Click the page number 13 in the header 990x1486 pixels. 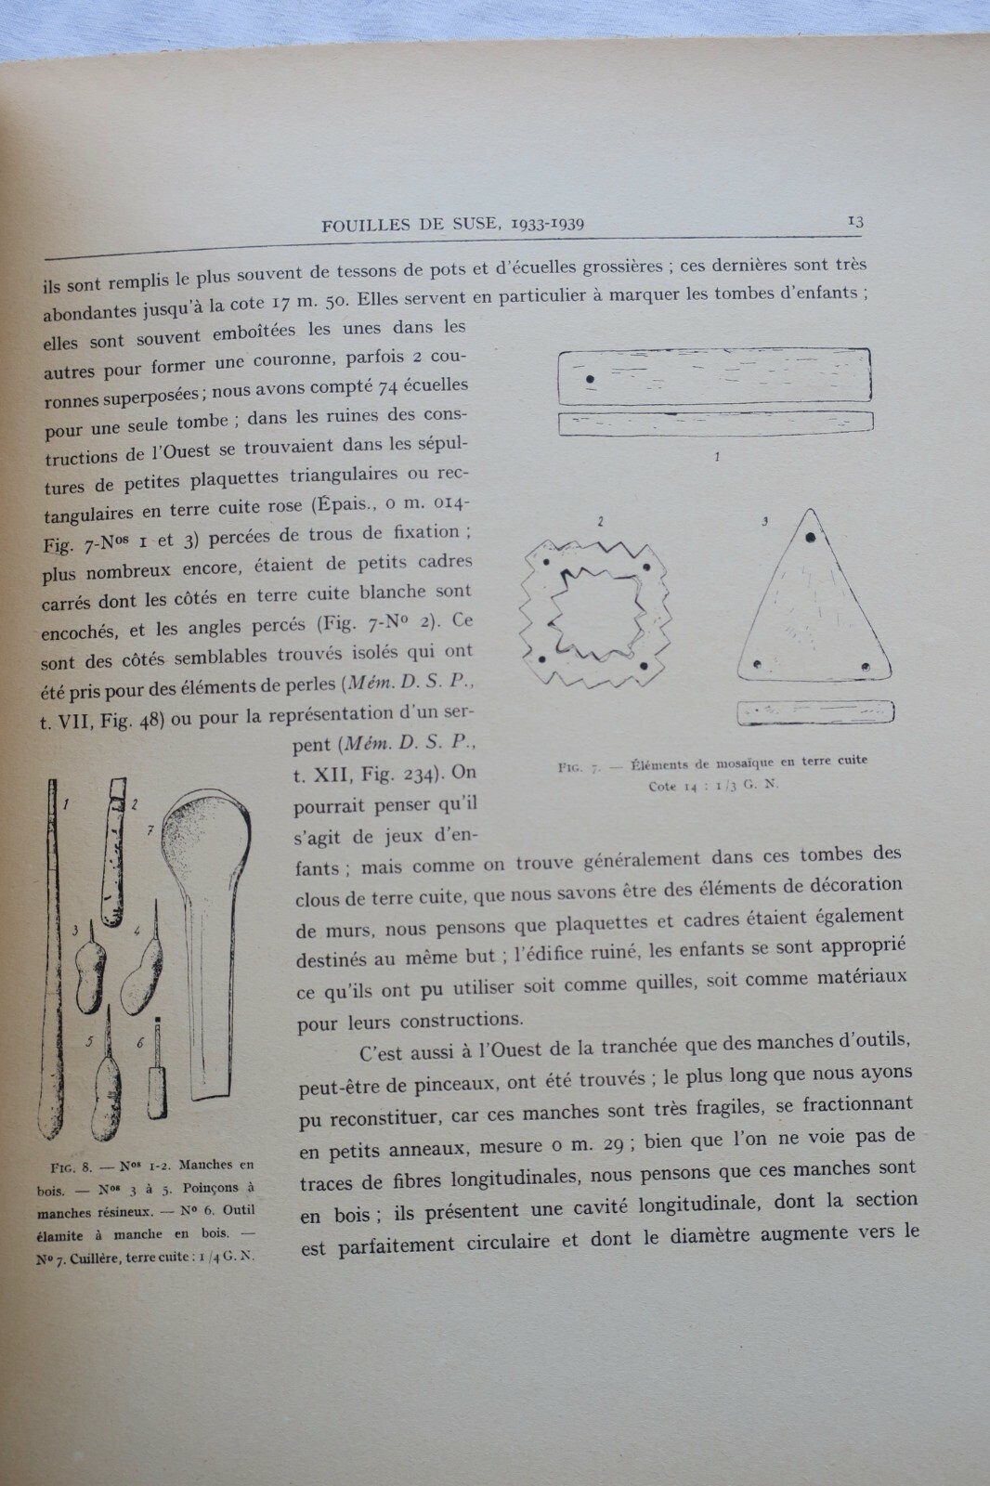click(x=855, y=221)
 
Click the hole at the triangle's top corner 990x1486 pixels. click(x=811, y=538)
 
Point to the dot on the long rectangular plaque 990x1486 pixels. click(x=591, y=379)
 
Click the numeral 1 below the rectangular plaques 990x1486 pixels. click(x=717, y=457)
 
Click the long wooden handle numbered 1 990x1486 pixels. click(x=54, y=966)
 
